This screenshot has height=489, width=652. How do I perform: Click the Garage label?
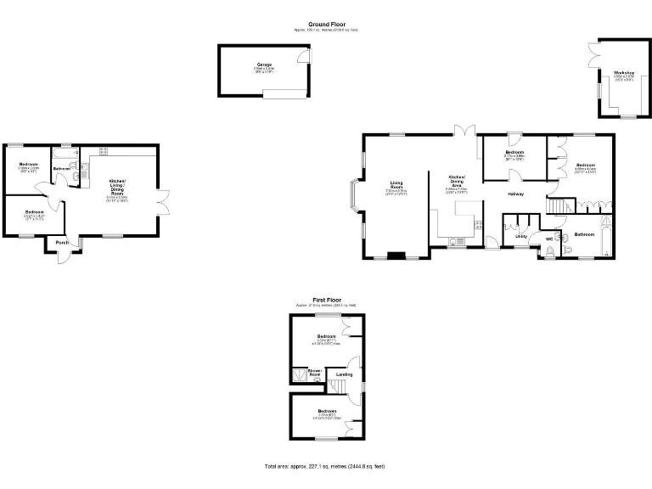click(x=264, y=64)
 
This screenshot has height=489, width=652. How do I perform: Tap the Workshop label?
click(x=624, y=73)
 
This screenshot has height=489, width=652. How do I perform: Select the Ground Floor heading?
click(x=325, y=25)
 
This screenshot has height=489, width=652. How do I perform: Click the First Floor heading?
click(x=325, y=300)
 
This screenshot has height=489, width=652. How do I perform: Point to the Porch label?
click(x=62, y=243)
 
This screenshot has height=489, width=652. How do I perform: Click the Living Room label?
click(x=396, y=183)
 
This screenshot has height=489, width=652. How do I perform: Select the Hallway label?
click(x=516, y=194)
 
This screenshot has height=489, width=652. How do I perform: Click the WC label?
click(x=549, y=240)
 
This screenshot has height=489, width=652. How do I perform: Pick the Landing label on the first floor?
click(x=344, y=374)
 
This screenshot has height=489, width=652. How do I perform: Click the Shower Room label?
click(x=314, y=372)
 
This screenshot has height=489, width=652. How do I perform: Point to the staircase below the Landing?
click(x=340, y=388)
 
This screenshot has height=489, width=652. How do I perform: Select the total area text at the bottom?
click(x=325, y=466)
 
